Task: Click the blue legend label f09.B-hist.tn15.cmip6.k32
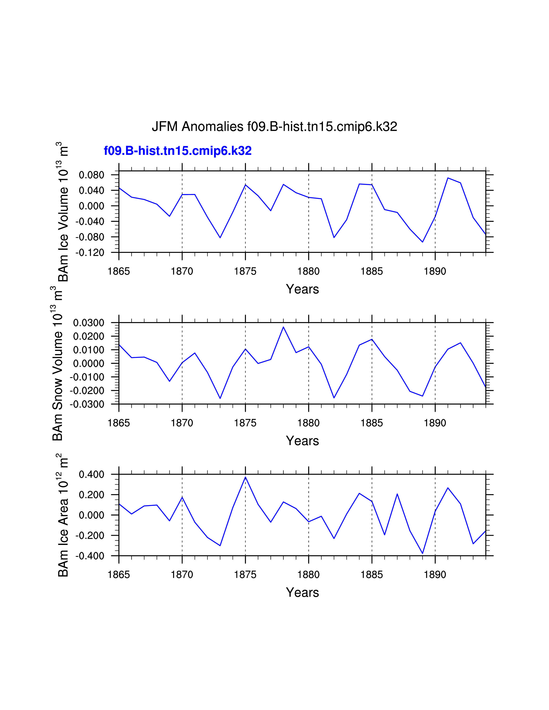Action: (178, 151)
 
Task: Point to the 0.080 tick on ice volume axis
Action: (91, 175)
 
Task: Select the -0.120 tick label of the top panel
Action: (90, 253)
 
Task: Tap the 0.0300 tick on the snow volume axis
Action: (88, 323)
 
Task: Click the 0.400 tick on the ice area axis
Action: (91, 475)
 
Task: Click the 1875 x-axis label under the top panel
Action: (245, 271)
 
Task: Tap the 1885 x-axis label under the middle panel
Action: (372, 423)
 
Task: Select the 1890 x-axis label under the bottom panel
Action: (435, 575)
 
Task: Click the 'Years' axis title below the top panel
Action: (302, 289)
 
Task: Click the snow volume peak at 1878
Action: (283, 327)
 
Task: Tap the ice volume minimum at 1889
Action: (422, 242)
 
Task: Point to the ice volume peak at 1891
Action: (448, 178)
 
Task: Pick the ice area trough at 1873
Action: (220, 545)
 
